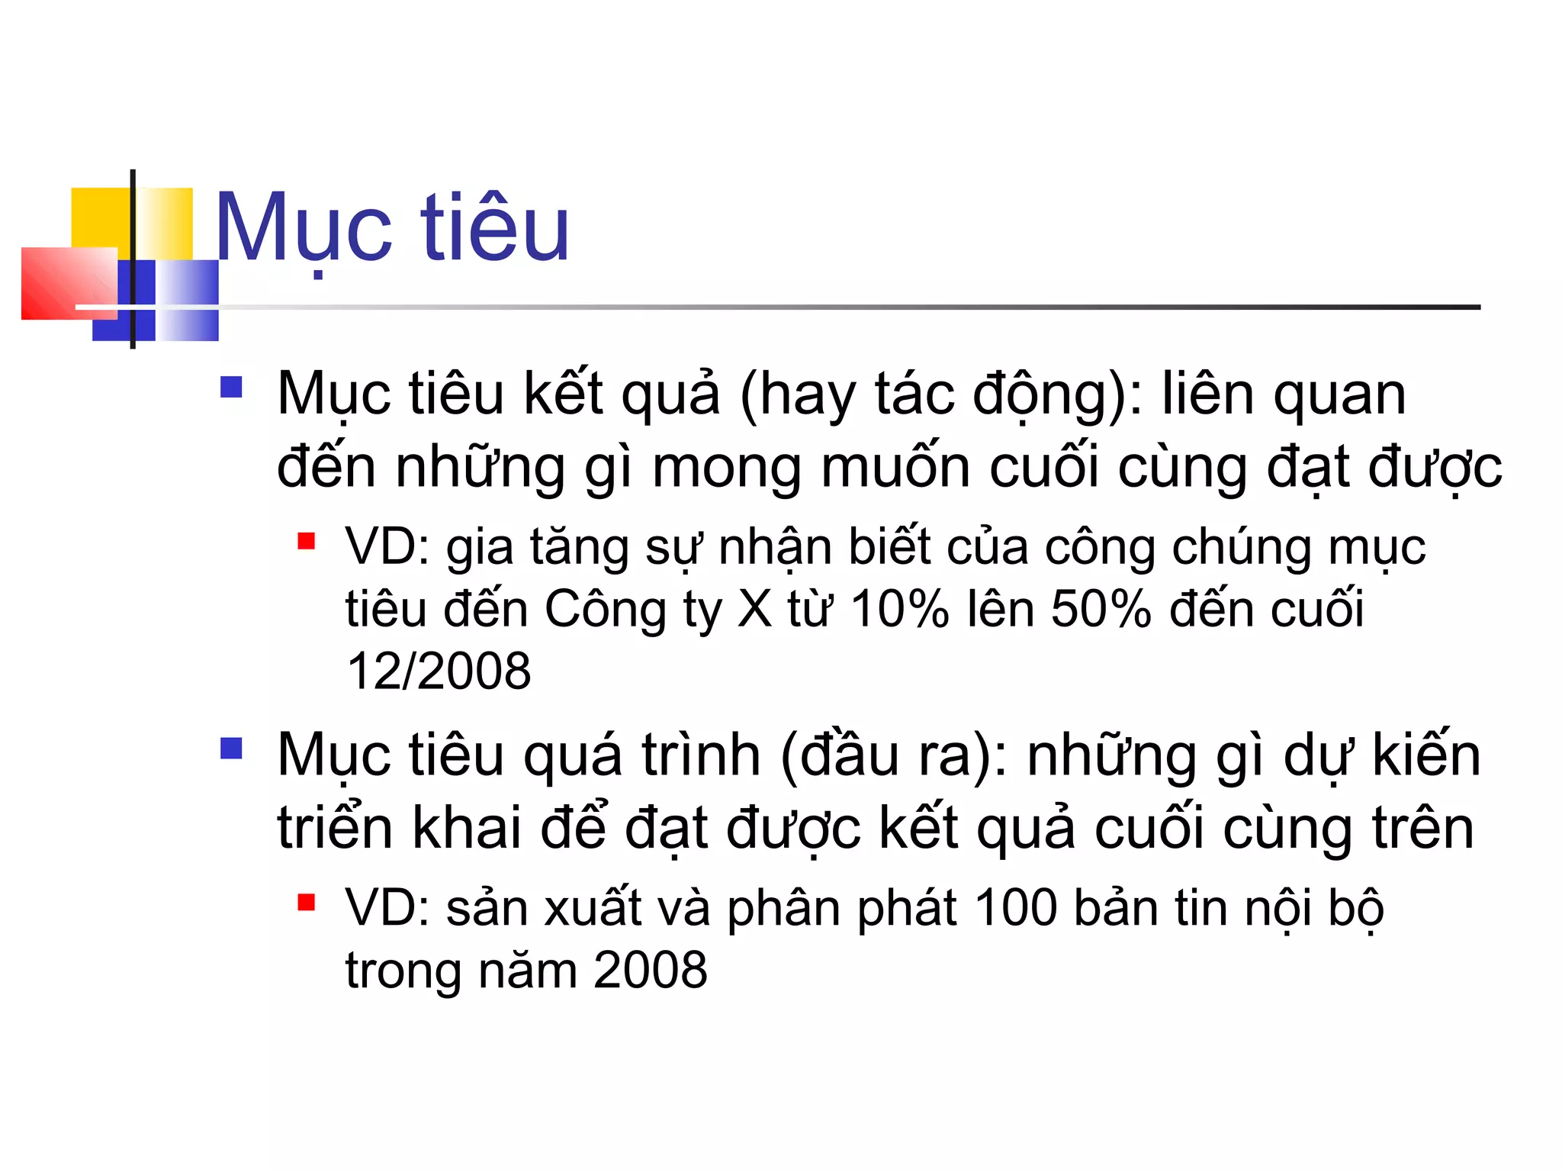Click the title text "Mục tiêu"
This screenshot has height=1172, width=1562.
pyautogui.click(x=392, y=227)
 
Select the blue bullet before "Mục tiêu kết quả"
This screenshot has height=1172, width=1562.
pyautogui.click(x=230, y=387)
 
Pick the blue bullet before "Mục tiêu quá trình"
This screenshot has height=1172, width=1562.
pyautogui.click(x=230, y=748)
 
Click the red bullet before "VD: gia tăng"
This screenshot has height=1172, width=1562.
pyautogui.click(x=307, y=541)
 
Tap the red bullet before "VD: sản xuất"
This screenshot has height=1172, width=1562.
pyautogui.click(x=307, y=903)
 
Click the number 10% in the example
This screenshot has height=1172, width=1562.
pyautogui.click(x=899, y=609)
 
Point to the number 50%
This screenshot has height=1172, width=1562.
pyautogui.click(x=1101, y=609)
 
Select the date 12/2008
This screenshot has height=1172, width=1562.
pyautogui.click(x=439, y=671)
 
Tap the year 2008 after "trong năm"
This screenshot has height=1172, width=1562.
pyautogui.click(x=651, y=971)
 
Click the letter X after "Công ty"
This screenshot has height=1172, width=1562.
pyautogui.click(x=755, y=609)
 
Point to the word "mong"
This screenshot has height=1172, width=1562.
pyautogui.click(x=727, y=467)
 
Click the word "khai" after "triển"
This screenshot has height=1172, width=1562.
pyautogui.click(x=467, y=828)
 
